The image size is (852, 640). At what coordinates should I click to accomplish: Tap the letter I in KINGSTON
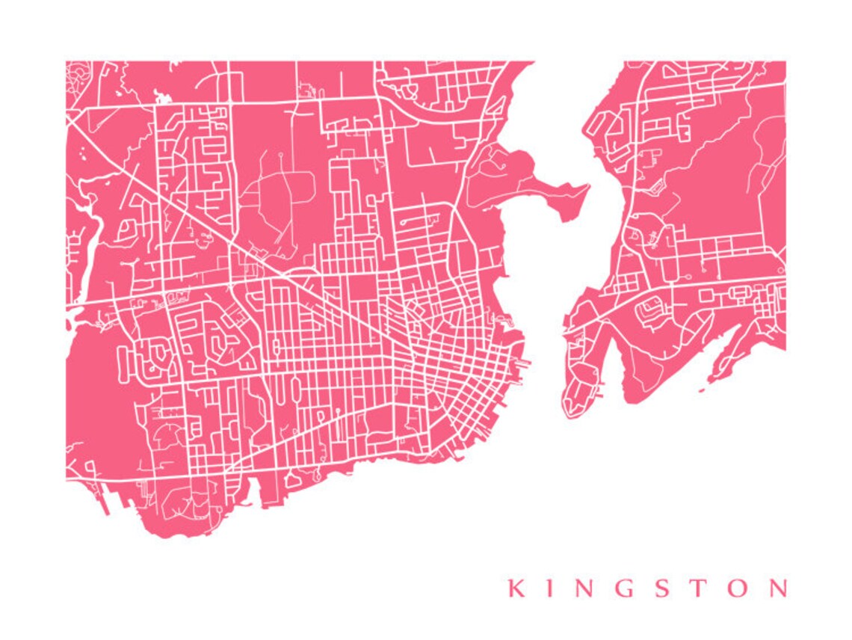pyautogui.click(x=549, y=588)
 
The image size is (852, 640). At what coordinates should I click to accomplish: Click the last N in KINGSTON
pyautogui.click(x=776, y=588)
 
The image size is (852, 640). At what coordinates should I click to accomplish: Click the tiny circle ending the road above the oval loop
pyautogui.click(x=280, y=155)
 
